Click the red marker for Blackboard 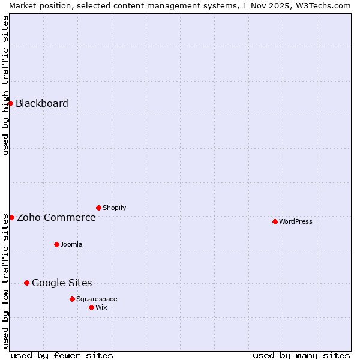[x=11, y=103]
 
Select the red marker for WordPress [x=275, y=221]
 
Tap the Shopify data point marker [x=98, y=208]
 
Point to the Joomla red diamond [x=56, y=244]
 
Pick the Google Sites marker [x=26, y=283]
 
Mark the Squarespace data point [x=72, y=299]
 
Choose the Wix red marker [x=91, y=307]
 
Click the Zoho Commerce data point [x=11, y=217]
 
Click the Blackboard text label [x=42, y=103]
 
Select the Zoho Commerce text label [x=56, y=217]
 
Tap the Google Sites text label [x=62, y=283]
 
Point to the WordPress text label [x=296, y=221]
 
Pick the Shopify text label [x=115, y=208]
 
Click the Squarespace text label [x=97, y=299]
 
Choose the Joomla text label [x=71, y=244]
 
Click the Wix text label [x=101, y=307]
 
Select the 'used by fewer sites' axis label [x=62, y=355]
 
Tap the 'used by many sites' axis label [x=301, y=355]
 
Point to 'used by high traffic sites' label [x=5, y=85]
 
